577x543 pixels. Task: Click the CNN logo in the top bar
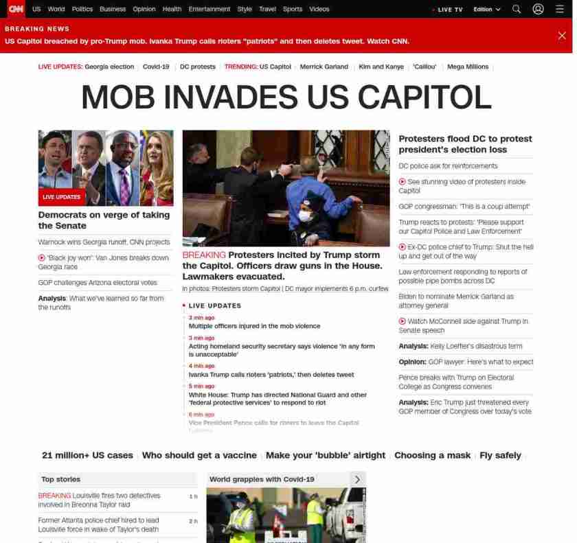15,9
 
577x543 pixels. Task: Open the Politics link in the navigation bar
82,9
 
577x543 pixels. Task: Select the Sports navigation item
293,9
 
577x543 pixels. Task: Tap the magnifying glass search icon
517,9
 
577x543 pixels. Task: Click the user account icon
538,9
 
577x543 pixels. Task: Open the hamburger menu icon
560,9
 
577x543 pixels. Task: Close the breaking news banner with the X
562,36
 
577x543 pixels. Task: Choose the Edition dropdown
487,9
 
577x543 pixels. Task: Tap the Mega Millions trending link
468,67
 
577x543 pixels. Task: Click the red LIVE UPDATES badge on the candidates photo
62,197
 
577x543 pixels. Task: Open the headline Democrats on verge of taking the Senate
104,220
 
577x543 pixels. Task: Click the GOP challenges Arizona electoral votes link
98,282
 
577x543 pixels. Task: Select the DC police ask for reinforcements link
448,166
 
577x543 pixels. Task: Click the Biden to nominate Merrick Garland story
456,301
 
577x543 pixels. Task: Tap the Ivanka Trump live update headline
271,375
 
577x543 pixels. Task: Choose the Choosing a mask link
432,455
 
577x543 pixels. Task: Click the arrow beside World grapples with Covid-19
357,479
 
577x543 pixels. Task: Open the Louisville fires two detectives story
99,500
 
